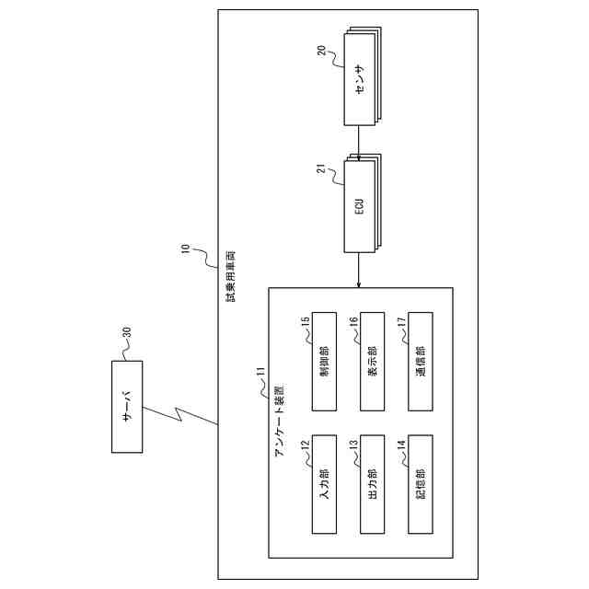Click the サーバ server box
pos(126,406)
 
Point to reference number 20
pos(323,52)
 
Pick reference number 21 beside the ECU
pos(323,170)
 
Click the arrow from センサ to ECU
pos(357,143)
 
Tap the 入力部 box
pos(324,482)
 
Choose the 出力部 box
pos(372,482)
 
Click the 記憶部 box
pos(420,482)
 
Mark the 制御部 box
pos(324,361)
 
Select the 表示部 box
pos(372,361)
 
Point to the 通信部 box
pos(420,361)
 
